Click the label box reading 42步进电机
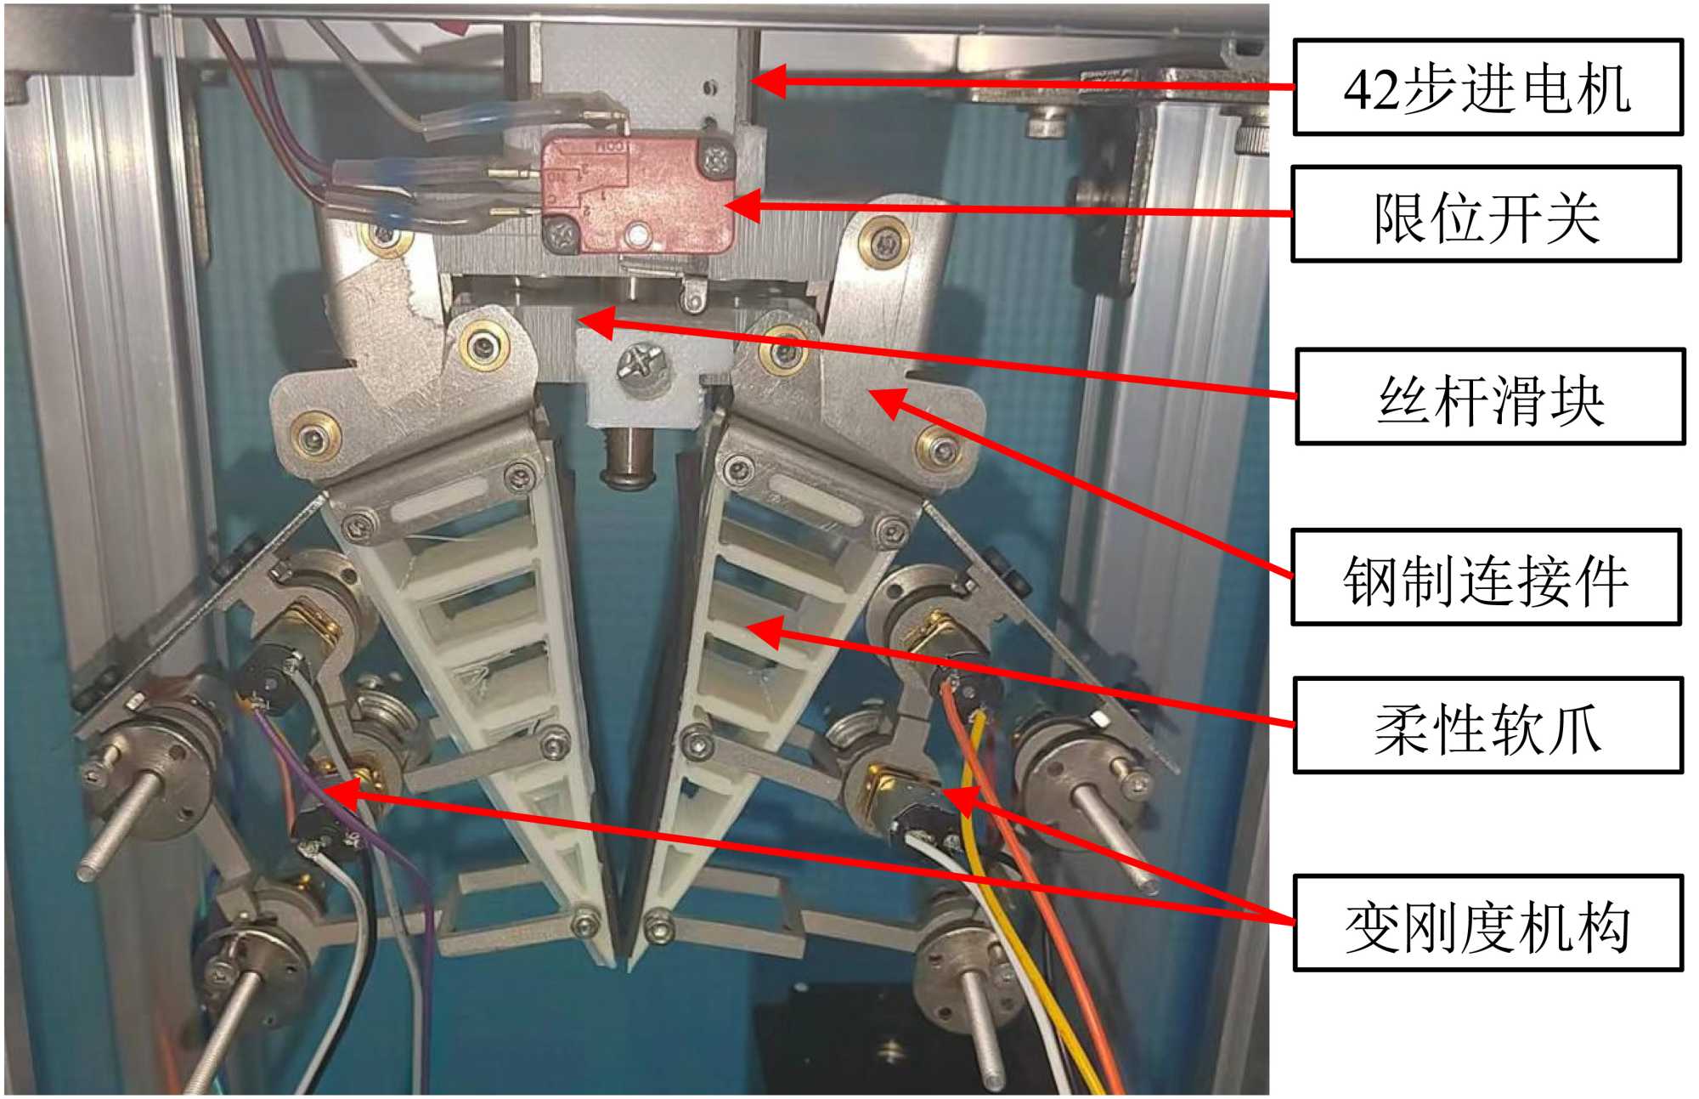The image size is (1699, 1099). pos(1487,88)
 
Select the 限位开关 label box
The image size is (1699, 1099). pos(1486,214)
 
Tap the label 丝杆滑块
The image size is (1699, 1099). pos(1490,397)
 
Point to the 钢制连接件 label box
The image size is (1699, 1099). pos(1486,578)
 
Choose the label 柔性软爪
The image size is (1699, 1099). pos(1487,726)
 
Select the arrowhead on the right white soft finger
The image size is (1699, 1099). pos(761,631)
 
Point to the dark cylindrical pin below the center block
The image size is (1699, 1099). pos(627,459)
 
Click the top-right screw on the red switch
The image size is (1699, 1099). pos(718,157)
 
